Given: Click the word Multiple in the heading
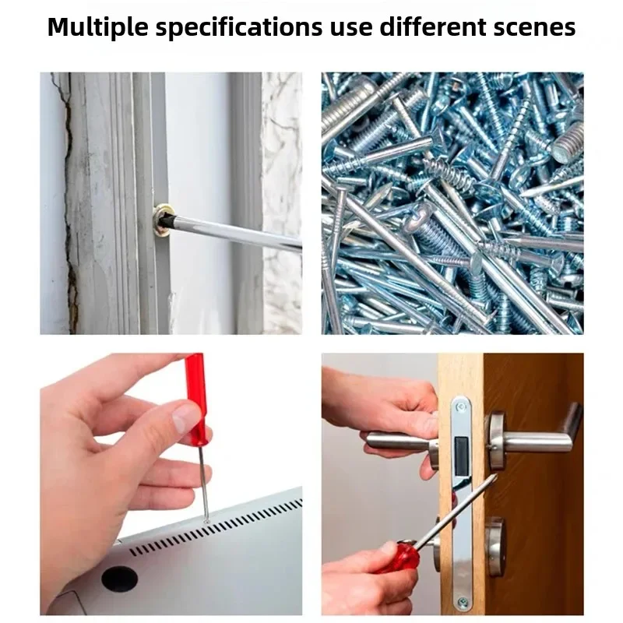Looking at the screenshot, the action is [x=98, y=27].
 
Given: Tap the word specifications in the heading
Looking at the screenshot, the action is [x=239, y=27].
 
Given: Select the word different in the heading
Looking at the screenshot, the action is [x=433, y=26].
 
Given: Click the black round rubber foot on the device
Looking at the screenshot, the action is [x=119, y=578].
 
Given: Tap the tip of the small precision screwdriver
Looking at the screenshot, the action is [x=206, y=519].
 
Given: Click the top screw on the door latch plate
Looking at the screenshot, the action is [x=461, y=407].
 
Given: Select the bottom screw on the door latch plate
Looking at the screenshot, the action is [x=463, y=602].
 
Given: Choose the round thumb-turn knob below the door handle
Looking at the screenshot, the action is [x=495, y=546].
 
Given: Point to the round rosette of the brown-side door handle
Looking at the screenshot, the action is [x=496, y=441].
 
